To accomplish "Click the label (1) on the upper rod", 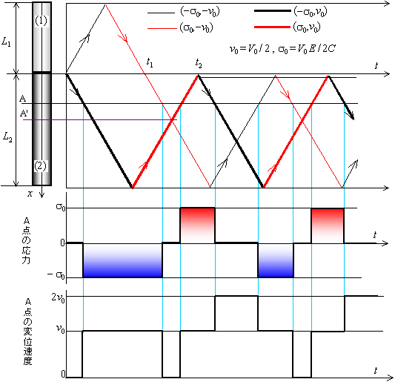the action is (x=41, y=21).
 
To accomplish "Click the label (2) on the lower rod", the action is (x=40, y=166).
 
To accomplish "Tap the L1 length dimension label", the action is (x=6, y=42).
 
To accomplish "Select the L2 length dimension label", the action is (x=7, y=137).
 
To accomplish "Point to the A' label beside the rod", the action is (x=24, y=113).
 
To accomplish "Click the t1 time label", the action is (x=150, y=62).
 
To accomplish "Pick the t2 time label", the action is (x=199, y=63).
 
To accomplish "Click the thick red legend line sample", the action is (x=272, y=27).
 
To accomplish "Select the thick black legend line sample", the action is (x=272, y=11).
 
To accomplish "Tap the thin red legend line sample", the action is (x=162, y=28).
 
